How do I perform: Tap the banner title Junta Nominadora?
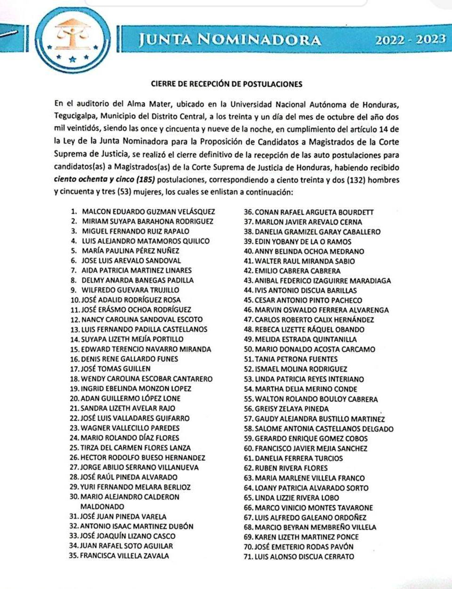229,40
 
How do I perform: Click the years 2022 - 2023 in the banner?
410,40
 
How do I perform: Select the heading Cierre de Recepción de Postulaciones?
226,84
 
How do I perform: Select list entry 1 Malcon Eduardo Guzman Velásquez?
148,212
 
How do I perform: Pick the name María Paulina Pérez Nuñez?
130,251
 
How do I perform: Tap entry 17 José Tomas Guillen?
115,369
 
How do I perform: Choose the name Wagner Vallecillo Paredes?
130,428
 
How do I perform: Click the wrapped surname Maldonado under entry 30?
102,507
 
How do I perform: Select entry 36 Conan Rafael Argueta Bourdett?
314,212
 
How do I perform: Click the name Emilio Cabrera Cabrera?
297,271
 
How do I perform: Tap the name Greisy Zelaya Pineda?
291,409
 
